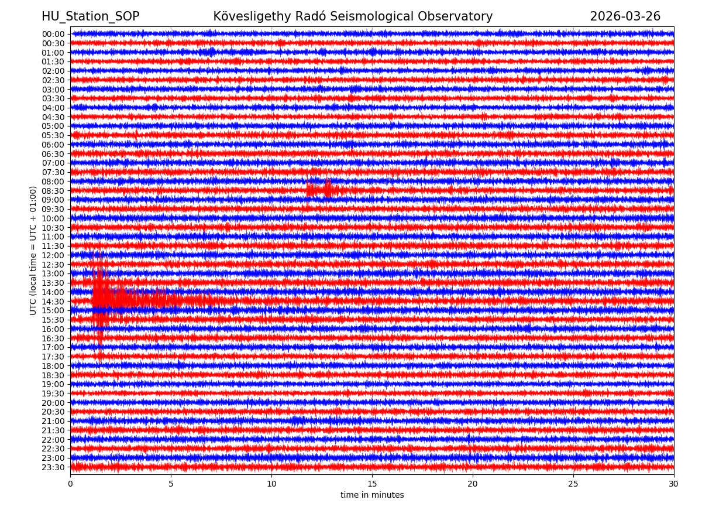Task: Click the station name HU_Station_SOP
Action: tap(90, 16)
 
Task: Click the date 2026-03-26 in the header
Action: tap(625, 16)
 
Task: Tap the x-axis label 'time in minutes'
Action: tap(372, 495)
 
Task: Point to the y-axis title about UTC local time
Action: tap(34, 251)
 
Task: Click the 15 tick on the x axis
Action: tap(372, 484)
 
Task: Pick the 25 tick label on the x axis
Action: tap(573, 484)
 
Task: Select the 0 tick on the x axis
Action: tap(70, 484)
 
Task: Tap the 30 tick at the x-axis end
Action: tap(674, 484)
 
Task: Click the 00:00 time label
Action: tap(53, 34)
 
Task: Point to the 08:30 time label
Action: tap(53, 191)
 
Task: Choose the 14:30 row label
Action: tap(53, 302)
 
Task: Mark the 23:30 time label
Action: tap(53, 467)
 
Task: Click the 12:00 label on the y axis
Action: tap(53, 255)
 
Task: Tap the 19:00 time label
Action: tap(53, 385)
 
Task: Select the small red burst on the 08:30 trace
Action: tap(319, 190)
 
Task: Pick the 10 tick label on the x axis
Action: tap(271, 484)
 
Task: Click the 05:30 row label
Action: tap(53, 135)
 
